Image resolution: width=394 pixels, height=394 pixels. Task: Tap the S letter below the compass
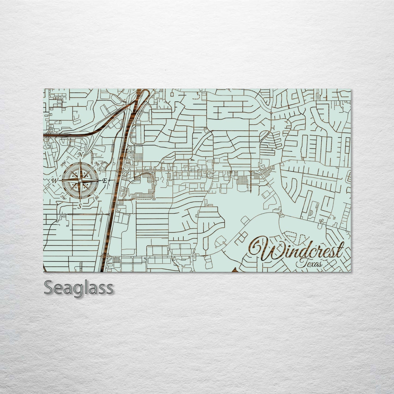point(79,206)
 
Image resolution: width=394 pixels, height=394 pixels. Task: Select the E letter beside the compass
point(104,181)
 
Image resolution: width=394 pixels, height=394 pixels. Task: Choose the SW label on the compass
point(62,197)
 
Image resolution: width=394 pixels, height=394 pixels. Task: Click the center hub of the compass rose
point(80,181)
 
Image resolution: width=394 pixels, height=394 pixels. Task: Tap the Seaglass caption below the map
point(79,287)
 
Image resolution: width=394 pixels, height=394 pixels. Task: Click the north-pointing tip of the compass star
point(80,160)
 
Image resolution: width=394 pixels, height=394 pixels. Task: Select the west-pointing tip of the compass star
point(60,181)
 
